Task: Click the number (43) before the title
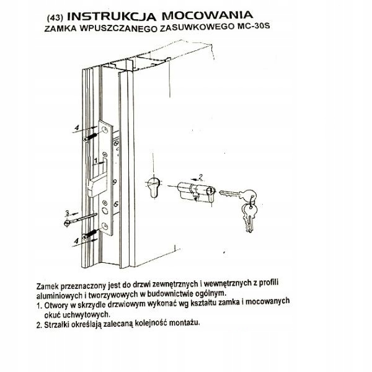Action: (x=54, y=15)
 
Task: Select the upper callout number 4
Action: (x=76, y=128)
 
